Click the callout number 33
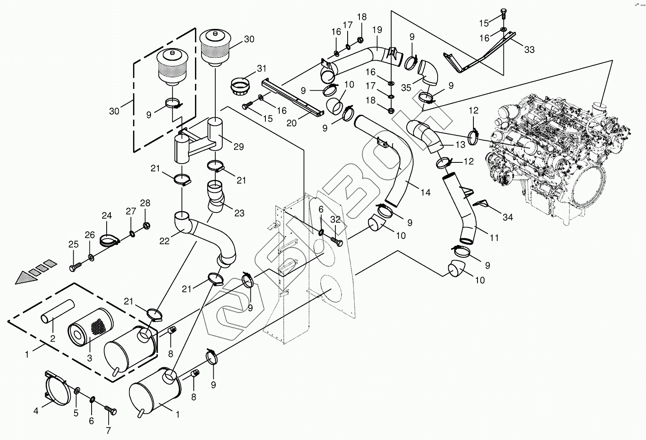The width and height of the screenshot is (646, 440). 529,50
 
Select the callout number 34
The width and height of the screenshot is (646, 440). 507,217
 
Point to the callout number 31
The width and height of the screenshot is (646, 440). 261,68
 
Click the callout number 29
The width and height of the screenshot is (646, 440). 239,147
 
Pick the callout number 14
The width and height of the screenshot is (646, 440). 425,192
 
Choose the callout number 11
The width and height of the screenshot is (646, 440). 494,238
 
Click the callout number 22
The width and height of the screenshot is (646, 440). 164,241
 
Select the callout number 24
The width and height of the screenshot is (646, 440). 107,215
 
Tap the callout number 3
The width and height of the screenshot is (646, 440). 90,358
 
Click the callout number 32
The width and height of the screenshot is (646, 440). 335,219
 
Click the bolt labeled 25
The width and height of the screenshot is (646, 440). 76,266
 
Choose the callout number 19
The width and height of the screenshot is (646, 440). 377,29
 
